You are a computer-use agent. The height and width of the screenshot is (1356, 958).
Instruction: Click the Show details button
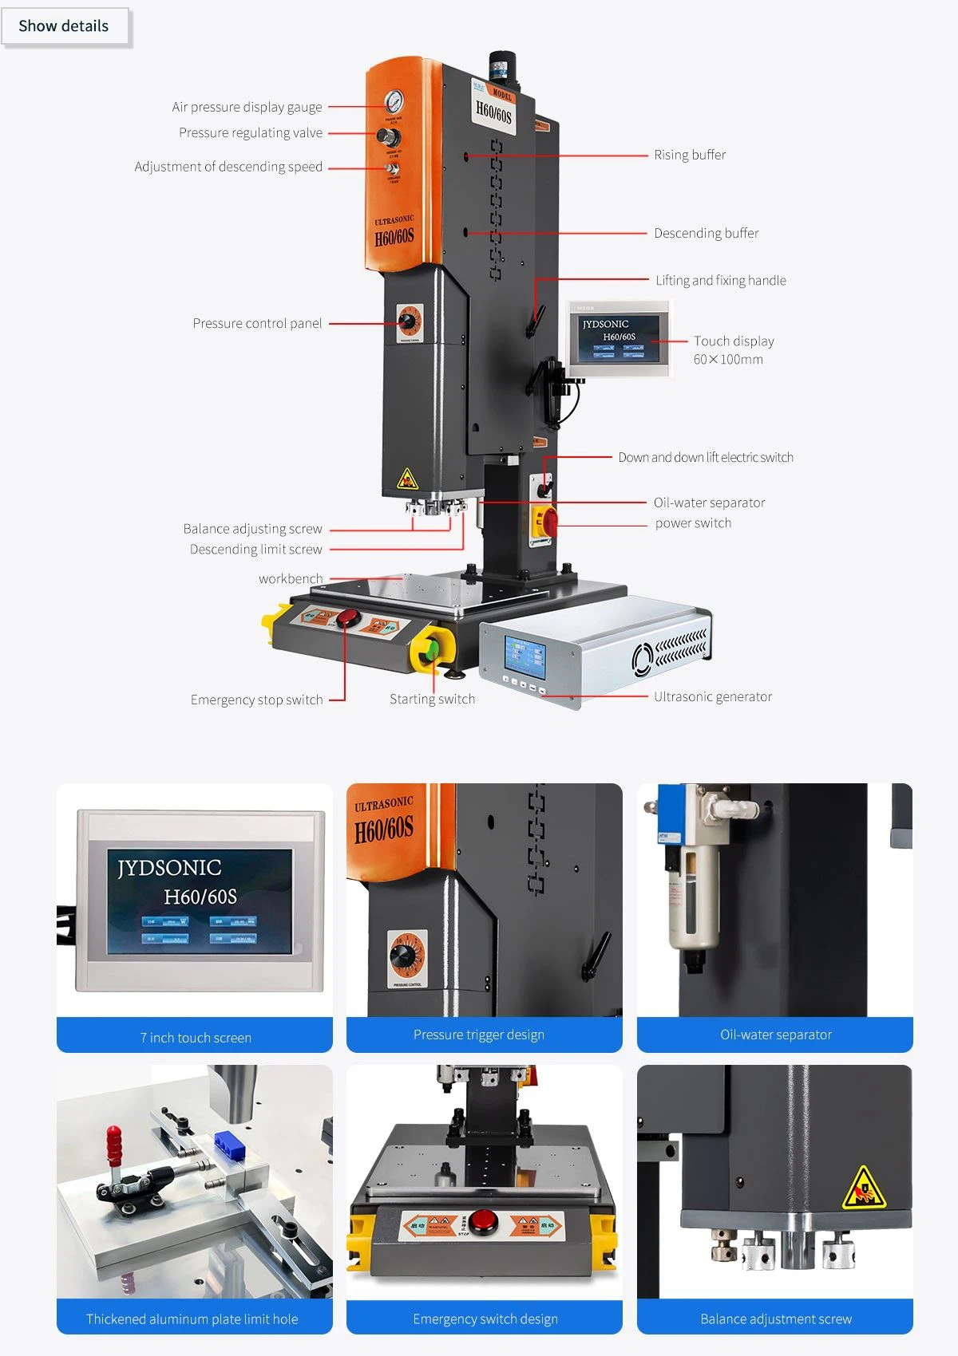click(64, 26)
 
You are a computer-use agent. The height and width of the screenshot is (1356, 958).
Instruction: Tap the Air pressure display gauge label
click(247, 107)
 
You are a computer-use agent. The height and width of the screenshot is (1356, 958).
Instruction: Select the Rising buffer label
click(690, 155)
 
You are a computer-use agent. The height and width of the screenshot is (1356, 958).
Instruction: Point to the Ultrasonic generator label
click(712, 696)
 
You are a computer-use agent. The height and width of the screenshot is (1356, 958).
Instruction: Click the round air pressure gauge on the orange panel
click(394, 102)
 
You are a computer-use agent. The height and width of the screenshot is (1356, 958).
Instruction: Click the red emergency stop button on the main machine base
click(348, 617)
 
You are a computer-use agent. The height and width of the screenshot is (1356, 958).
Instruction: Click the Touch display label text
click(733, 341)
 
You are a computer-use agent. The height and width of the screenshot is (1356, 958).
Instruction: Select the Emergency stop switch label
click(256, 700)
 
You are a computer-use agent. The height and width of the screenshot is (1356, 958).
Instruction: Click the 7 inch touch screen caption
click(196, 1038)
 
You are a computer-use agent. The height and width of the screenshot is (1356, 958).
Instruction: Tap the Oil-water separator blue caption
click(775, 1035)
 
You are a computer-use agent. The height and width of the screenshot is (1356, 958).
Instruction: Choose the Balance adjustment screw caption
click(775, 1319)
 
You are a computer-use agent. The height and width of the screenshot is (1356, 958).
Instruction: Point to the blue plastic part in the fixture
click(228, 1146)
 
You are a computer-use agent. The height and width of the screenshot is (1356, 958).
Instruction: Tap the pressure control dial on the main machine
click(408, 321)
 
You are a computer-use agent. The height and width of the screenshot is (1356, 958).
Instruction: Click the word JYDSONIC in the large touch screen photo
click(169, 867)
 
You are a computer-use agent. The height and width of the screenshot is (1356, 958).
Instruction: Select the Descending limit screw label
click(255, 550)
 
